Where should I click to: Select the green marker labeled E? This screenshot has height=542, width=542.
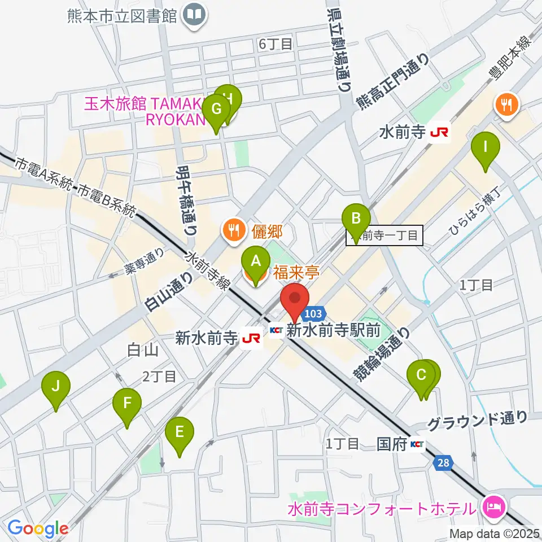point(180,434)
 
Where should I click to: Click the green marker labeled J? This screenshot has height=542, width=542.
point(56,388)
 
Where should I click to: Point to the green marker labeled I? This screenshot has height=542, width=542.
point(486,149)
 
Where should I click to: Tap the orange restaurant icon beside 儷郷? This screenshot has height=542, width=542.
point(233,229)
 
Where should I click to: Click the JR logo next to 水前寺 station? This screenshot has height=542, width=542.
point(439,133)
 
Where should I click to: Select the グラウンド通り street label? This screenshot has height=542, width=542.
point(477,419)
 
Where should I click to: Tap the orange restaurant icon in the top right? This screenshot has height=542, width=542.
point(506,105)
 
